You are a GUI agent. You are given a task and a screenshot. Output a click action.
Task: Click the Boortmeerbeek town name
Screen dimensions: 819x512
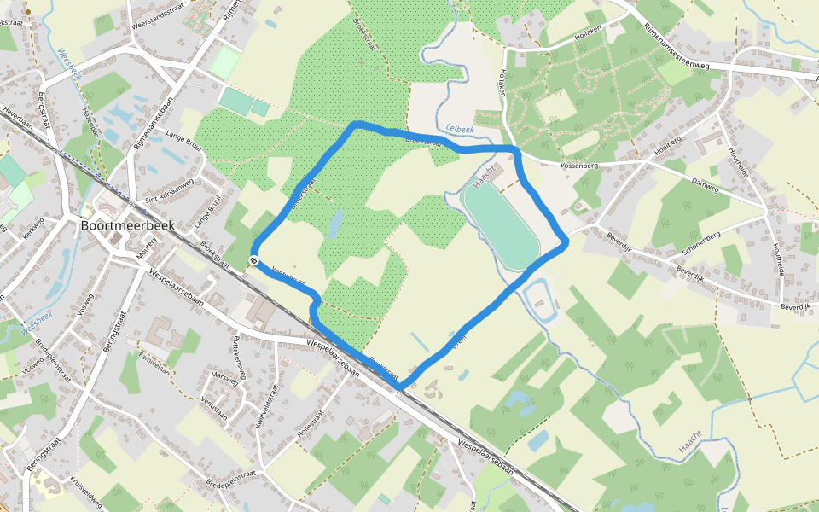(x=127, y=227)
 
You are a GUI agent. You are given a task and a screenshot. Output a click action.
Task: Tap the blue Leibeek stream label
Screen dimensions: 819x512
(x=460, y=128)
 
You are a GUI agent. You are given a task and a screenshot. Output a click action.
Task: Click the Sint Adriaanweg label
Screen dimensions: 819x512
(x=170, y=193)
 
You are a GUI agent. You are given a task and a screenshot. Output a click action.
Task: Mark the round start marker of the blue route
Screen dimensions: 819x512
(x=254, y=260)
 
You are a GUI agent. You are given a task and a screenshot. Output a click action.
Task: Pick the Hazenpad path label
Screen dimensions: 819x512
(x=89, y=119)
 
